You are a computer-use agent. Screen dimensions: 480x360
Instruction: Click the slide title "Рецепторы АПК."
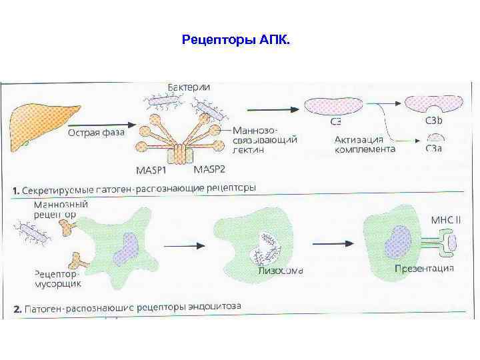click(x=235, y=41)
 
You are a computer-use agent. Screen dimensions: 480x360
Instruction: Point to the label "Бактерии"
click(x=189, y=88)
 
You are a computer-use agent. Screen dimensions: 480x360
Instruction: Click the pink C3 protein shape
click(x=333, y=105)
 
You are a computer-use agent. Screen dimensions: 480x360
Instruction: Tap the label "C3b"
click(x=434, y=121)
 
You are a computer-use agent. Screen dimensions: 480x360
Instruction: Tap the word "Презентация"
click(x=424, y=268)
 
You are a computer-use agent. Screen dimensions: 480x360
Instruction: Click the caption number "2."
click(x=18, y=309)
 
